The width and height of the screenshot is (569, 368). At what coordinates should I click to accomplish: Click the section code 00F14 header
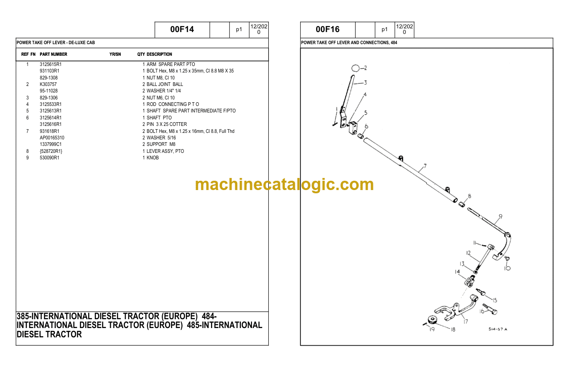tap(182, 29)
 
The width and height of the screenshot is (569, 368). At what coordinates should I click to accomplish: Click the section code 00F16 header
tap(327, 29)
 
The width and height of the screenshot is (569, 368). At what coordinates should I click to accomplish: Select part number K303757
tap(48, 84)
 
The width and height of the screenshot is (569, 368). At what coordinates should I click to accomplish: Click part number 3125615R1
tap(51, 64)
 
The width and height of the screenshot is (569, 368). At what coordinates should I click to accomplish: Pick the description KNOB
tap(152, 158)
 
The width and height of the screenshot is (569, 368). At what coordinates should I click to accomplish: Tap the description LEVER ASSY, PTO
tap(165, 151)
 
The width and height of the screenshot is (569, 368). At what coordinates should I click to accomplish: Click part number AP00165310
tap(52, 138)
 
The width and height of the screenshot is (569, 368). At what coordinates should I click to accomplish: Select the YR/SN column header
tap(115, 54)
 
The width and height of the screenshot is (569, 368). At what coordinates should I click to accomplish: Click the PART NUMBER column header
tap(53, 54)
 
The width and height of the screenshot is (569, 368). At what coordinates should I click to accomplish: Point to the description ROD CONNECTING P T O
tap(173, 104)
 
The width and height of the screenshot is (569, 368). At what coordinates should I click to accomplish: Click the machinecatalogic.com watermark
tap(284, 184)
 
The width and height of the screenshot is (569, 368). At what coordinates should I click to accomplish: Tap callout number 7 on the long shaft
tap(425, 166)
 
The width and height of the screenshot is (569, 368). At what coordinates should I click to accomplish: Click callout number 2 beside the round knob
tap(365, 68)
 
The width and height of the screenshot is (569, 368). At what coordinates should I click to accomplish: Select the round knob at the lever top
tap(355, 68)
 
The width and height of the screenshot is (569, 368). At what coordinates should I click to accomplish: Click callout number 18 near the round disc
tap(453, 329)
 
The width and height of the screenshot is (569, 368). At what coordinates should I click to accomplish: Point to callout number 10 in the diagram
tap(507, 268)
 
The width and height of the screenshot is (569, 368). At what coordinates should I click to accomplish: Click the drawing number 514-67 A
tap(498, 329)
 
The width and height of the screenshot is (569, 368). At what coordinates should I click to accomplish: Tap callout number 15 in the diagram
tap(495, 300)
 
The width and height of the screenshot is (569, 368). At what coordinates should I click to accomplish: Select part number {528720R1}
tap(51, 151)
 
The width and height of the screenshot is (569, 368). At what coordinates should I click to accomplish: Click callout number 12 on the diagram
tap(469, 253)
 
